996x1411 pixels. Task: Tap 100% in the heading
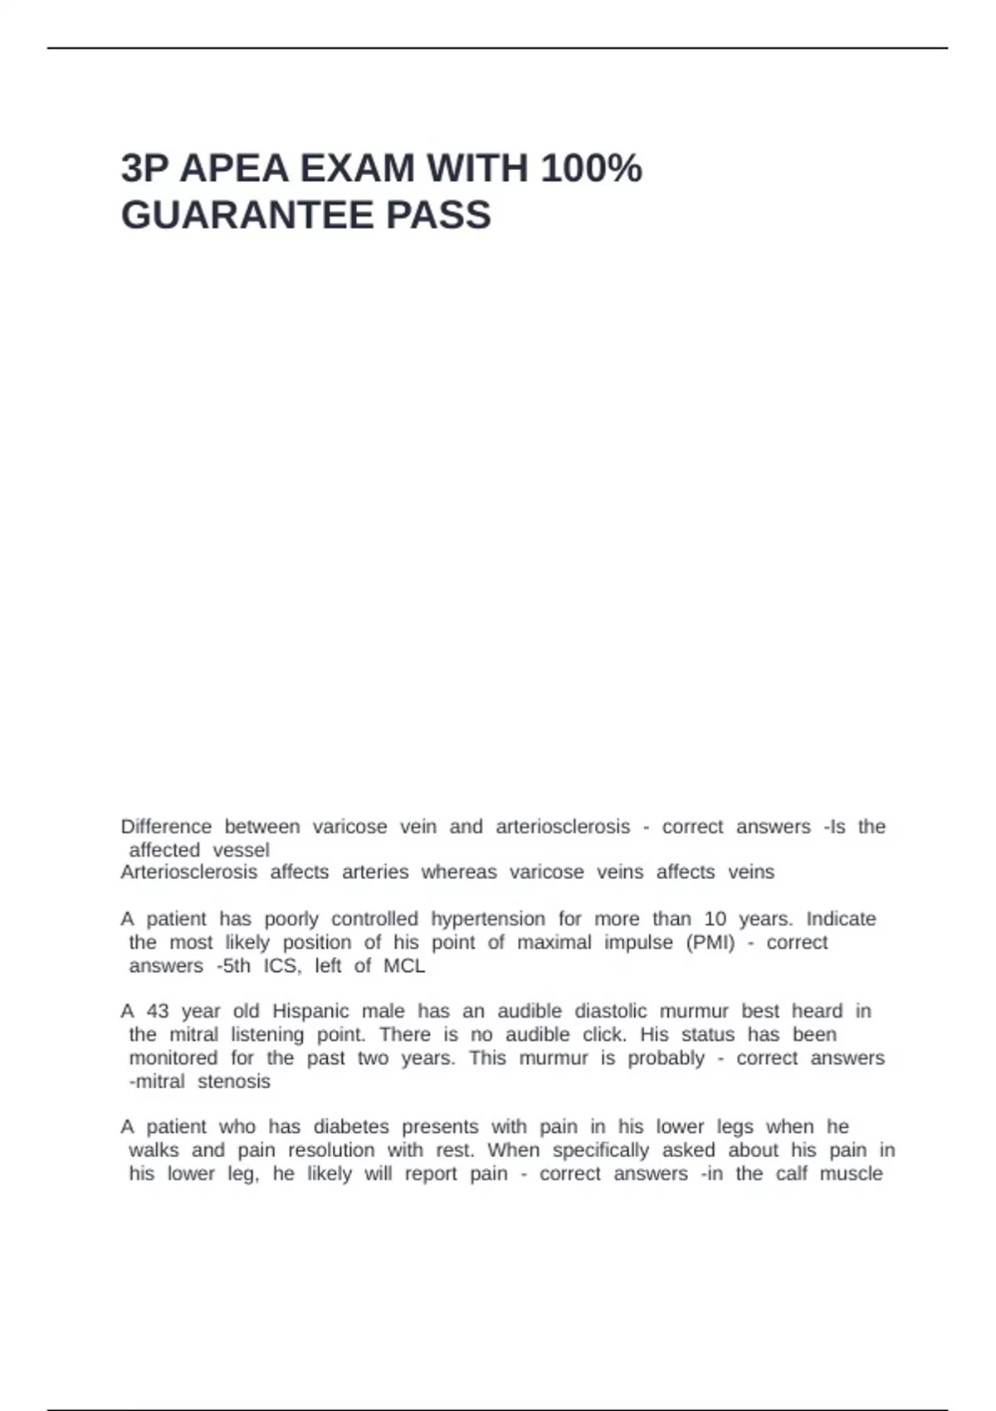[591, 168]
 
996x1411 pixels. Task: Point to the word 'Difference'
[166, 827]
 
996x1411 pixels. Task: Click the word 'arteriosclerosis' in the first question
[563, 827]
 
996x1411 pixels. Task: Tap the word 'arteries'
[375, 872]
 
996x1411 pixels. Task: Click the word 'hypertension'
[488, 920]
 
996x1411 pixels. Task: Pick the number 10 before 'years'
[715, 920]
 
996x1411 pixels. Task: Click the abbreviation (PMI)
[710, 943]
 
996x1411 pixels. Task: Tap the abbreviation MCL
[404, 966]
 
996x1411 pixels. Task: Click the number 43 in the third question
[158, 1012]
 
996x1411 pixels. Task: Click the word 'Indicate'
[841, 920]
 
